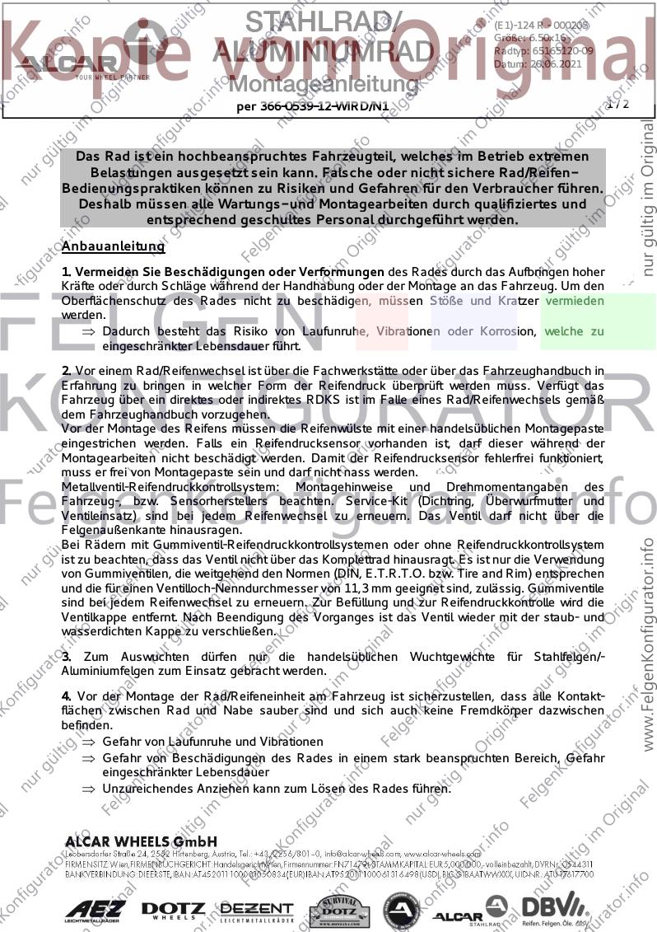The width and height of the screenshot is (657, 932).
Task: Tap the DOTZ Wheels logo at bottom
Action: (173, 909)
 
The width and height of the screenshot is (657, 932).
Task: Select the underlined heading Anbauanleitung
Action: (114, 246)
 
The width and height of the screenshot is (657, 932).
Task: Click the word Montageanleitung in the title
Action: (323, 83)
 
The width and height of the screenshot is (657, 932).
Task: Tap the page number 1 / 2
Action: (617, 104)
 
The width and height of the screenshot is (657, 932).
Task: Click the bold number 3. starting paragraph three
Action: (67, 656)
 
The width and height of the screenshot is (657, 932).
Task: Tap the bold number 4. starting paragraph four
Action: (67, 696)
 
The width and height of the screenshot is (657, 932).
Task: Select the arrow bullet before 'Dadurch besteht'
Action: (88, 331)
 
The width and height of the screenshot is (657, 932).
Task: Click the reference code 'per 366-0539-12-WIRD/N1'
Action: (312, 105)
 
